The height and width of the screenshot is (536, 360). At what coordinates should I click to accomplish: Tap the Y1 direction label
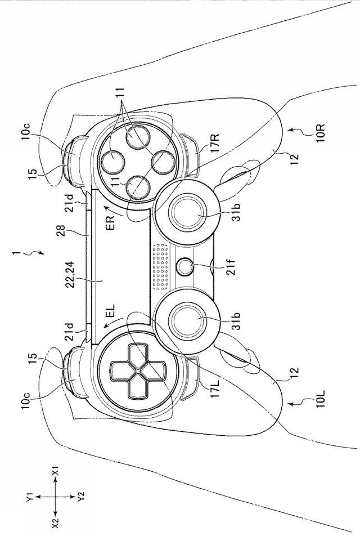30,499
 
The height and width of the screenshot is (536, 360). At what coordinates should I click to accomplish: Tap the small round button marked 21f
184,266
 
